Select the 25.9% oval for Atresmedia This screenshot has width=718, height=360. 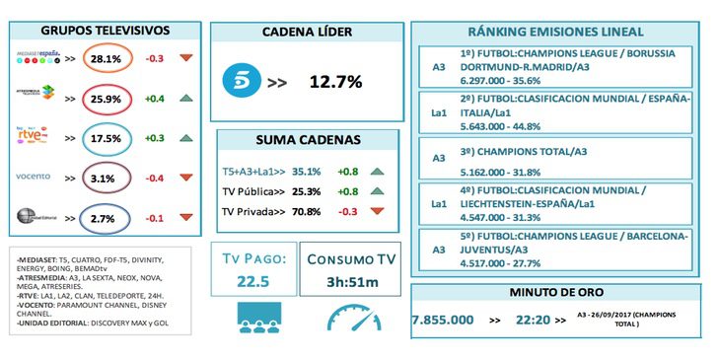[106, 99]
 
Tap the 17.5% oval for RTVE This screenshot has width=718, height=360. [106, 139]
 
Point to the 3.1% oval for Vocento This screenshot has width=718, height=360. [106, 178]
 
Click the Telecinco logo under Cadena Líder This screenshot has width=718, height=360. [239, 80]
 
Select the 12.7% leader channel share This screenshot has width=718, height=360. [334, 80]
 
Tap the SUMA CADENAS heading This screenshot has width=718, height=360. [305, 140]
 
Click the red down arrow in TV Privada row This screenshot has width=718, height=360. [377, 210]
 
